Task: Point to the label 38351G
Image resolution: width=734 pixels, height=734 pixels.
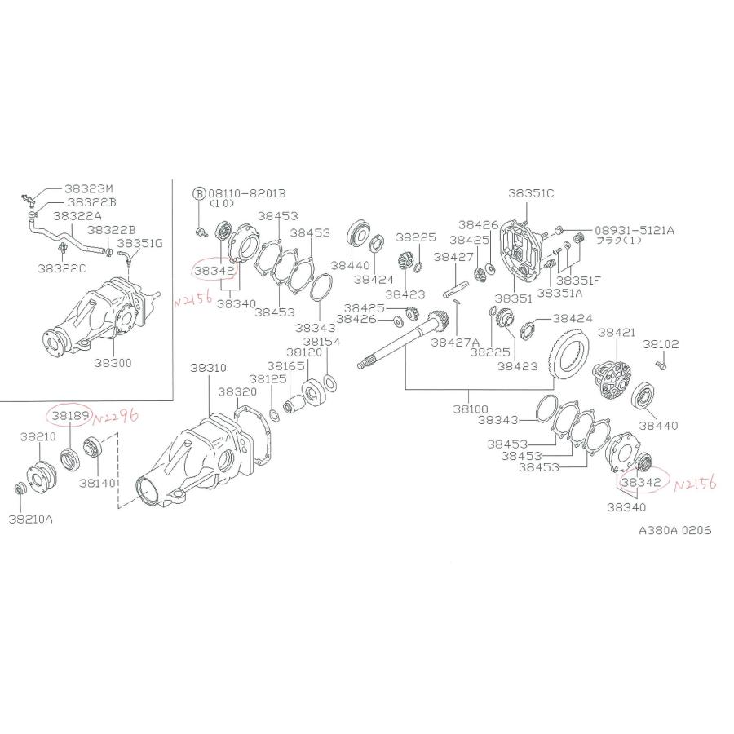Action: tap(139, 242)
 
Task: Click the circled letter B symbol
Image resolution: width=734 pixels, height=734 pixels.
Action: tap(197, 193)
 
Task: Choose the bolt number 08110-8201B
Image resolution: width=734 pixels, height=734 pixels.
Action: tap(248, 193)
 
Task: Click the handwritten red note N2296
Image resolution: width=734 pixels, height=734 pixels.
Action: tap(116, 418)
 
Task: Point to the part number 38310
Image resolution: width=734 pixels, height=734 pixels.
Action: tap(209, 368)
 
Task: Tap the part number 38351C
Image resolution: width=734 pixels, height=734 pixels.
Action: tap(531, 193)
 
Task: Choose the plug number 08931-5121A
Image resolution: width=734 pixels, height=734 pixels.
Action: tap(635, 230)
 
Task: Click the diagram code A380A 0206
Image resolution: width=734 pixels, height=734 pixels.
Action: tap(674, 529)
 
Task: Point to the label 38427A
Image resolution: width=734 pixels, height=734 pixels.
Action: tap(455, 343)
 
